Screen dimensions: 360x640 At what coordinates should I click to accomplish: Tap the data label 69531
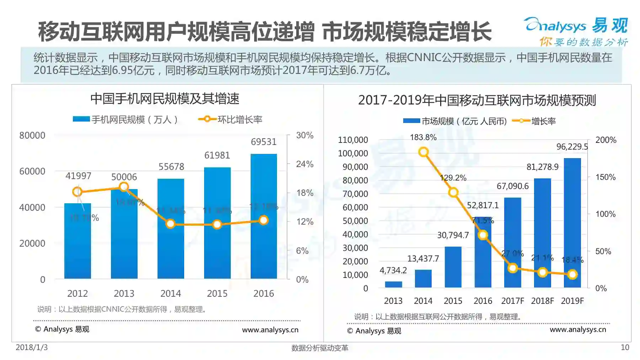click(x=263, y=142)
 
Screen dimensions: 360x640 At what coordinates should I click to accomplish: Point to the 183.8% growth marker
click(x=423, y=152)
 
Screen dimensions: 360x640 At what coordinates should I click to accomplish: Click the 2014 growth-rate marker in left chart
click(x=171, y=224)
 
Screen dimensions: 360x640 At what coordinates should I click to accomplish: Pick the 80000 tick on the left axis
click(x=32, y=135)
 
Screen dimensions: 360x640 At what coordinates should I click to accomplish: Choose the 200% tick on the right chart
click(x=606, y=140)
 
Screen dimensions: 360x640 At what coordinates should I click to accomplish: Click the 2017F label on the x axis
click(x=512, y=301)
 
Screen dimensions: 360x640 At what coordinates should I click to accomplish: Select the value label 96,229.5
click(x=572, y=147)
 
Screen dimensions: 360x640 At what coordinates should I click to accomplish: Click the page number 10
click(x=625, y=348)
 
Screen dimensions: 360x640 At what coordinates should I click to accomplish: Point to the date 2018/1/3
click(x=32, y=347)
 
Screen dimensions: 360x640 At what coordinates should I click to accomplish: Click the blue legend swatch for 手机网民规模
click(x=81, y=119)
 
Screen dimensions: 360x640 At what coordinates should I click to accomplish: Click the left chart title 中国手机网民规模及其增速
click(x=165, y=99)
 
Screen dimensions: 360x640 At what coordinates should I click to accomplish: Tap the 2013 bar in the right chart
click(x=393, y=284)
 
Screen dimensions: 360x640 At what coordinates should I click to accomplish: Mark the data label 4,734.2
click(x=393, y=270)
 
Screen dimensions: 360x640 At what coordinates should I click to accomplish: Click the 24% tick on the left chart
click(x=305, y=164)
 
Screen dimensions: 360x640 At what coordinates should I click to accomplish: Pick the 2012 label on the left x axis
click(x=78, y=294)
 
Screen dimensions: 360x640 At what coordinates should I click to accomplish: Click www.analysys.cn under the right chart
click(x=578, y=329)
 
